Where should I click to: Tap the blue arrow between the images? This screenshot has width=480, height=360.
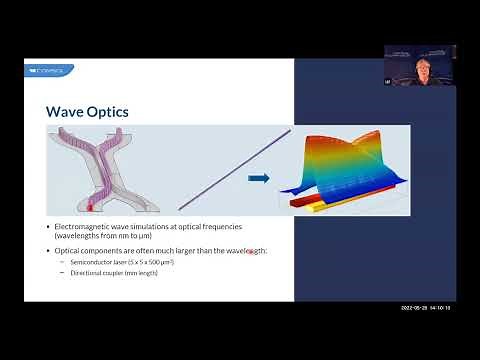[x=259, y=178]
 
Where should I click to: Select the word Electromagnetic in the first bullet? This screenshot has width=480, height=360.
[x=81, y=225]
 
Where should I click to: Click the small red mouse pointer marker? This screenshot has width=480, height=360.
[x=250, y=252]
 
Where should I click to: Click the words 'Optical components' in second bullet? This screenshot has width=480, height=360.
[x=84, y=248]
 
